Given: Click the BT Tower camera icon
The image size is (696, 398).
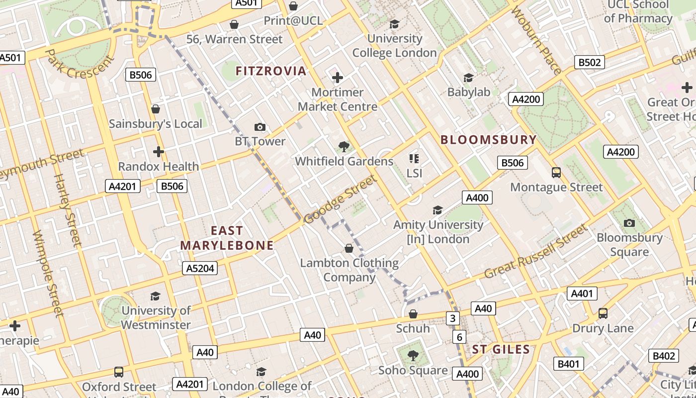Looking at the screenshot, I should (x=260, y=127).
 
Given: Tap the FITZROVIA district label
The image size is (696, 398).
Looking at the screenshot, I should (x=271, y=71).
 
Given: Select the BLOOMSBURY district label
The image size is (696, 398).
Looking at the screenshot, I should (x=489, y=140).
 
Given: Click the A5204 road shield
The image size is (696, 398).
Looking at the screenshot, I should (x=200, y=269).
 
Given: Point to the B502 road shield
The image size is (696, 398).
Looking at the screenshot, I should (x=590, y=62).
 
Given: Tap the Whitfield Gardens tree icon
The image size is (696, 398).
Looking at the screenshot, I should (x=344, y=146).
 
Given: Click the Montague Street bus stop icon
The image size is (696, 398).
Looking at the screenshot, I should (x=556, y=173).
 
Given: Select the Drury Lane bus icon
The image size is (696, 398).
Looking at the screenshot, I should (x=603, y=313).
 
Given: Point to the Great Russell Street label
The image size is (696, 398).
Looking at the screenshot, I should (x=536, y=252).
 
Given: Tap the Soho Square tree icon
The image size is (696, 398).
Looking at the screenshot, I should (x=413, y=355).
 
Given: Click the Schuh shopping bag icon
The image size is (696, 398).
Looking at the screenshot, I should (x=413, y=314).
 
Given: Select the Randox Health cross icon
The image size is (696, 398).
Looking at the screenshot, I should (x=159, y=152).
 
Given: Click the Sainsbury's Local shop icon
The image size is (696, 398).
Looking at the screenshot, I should (x=156, y=109).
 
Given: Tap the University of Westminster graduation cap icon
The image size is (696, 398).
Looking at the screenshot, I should (x=156, y=296).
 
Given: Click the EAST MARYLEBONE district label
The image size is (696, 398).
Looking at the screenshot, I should (x=227, y=238).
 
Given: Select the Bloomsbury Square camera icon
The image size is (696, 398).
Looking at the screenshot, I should (x=629, y=223).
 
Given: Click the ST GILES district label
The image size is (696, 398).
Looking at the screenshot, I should (x=501, y=349).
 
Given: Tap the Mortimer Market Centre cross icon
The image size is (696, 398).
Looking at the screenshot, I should (x=338, y=78).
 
